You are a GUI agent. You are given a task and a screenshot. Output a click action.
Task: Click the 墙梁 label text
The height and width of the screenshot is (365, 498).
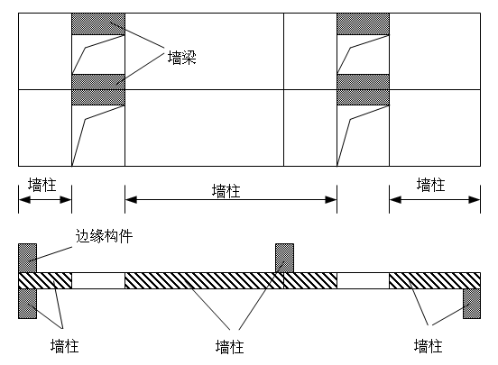[x=182, y=58]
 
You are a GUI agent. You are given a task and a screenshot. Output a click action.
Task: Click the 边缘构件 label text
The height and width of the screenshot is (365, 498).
[x=104, y=236]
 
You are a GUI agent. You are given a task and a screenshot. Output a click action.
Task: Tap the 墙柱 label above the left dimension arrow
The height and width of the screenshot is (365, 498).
[x=42, y=185]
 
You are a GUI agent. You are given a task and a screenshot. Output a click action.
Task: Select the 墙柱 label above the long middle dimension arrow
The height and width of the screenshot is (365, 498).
[x=226, y=191]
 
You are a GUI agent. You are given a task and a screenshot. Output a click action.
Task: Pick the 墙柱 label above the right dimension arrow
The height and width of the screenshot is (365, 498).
[x=431, y=185]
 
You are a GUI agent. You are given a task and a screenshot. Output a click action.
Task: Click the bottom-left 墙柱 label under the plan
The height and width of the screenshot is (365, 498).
[x=64, y=346]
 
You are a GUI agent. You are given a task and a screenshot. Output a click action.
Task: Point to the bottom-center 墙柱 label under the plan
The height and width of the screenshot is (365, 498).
[x=230, y=347]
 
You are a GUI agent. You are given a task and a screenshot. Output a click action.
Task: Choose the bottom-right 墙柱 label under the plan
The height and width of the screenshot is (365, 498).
[x=429, y=346]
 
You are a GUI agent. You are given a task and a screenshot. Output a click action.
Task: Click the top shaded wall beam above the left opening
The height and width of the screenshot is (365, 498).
[x=98, y=24]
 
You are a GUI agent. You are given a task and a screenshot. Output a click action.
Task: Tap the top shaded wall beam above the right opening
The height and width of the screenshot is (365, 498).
[x=363, y=24]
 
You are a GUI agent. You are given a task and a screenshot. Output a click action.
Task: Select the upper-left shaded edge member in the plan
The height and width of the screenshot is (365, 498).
[x=28, y=258]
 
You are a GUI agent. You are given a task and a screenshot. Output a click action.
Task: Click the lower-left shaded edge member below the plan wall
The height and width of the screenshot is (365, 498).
[x=28, y=304]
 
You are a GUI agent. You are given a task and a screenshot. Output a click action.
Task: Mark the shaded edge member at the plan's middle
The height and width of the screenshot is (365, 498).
[x=284, y=258]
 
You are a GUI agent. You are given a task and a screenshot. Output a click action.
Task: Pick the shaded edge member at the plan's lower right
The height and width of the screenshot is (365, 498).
[x=472, y=304]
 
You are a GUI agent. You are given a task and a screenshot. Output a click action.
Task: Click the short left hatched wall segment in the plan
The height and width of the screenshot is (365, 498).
[x=45, y=280]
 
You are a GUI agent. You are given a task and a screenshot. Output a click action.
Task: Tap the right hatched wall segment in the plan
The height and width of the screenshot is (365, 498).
[x=435, y=280]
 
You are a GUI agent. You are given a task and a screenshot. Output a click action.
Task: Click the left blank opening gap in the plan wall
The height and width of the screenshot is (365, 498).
[x=98, y=280]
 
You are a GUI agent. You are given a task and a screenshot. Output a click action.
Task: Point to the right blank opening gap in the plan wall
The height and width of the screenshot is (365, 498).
[x=363, y=280]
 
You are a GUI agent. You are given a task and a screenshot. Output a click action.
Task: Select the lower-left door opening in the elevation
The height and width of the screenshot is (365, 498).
[x=98, y=136]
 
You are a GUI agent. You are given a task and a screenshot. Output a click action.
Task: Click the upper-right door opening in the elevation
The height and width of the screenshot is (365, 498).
[x=363, y=55]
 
